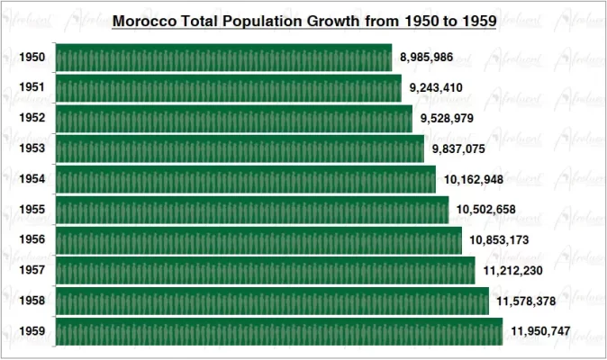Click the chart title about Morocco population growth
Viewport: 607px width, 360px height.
coord(304,19)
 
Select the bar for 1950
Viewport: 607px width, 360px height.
coord(224,58)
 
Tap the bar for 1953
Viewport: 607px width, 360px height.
coord(240,148)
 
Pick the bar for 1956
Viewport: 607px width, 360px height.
coord(259,240)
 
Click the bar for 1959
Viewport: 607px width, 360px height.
coord(279,331)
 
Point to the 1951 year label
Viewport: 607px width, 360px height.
coord(32,88)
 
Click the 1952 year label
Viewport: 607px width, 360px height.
coord(32,119)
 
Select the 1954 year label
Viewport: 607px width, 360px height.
coord(32,179)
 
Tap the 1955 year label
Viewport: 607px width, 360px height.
coord(32,210)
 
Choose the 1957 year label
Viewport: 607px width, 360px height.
coord(32,271)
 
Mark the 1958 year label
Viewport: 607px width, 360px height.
coord(32,301)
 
